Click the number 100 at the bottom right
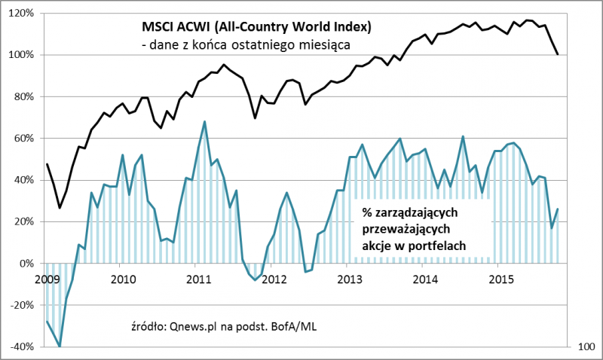(x=584, y=347)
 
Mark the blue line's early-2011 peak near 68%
(x=205, y=121)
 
